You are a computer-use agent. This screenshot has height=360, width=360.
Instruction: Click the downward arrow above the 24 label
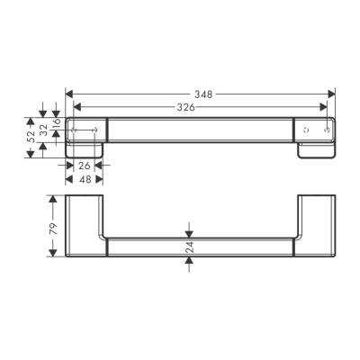(188, 230)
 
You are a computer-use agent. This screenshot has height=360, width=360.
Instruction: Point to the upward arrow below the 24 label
(188, 261)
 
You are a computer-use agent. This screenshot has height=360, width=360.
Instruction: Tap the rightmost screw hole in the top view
(325, 130)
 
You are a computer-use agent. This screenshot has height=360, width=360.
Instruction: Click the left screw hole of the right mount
(307, 130)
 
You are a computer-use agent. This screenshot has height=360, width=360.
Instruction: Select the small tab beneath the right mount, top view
(316, 152)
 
